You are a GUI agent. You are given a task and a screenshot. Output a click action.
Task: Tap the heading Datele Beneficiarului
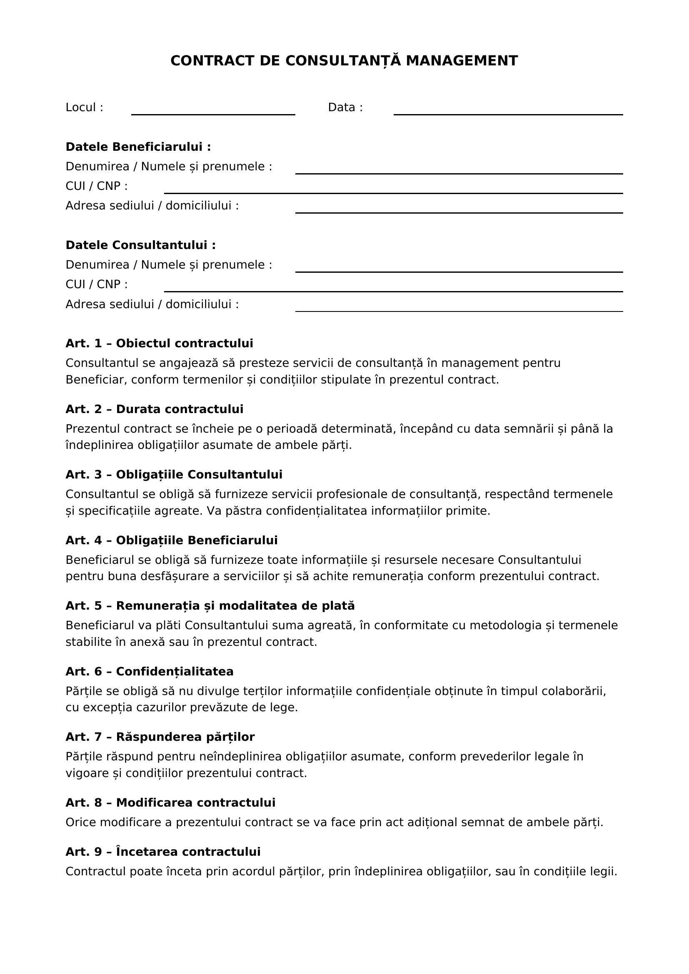pos(138,147)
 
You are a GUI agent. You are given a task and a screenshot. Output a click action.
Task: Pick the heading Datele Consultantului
pos(140,245)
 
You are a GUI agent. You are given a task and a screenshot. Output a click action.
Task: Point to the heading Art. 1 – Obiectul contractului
pos(159,343)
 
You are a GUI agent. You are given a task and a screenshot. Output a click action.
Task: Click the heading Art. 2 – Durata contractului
pos(155,409)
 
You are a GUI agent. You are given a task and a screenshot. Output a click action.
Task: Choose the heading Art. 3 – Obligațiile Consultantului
pos(174,474)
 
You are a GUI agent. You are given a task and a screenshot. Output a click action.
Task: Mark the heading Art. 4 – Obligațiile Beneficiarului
pos(171,540)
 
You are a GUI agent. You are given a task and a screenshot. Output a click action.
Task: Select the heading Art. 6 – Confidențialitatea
pos(150,672)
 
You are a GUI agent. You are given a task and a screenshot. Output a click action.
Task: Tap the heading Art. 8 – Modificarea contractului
pos(170,802)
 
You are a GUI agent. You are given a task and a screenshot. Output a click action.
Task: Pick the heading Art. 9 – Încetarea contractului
pos(163,852)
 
